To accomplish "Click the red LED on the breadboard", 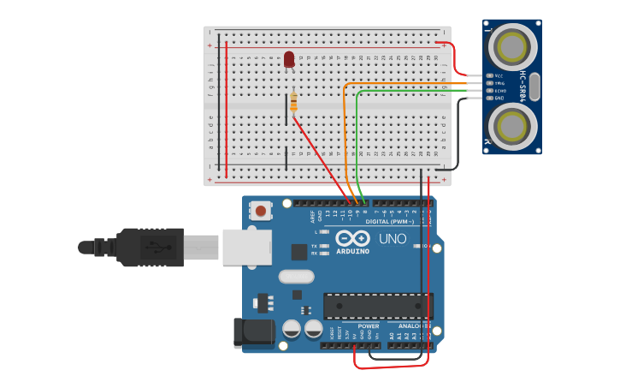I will click(x=289, y=58).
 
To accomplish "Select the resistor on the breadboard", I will click(x=293, y=102).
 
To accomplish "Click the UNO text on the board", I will click(x=393, y=239).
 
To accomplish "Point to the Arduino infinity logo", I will click(x=352, y=238).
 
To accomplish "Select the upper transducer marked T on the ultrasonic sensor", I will click(x=513, y=45).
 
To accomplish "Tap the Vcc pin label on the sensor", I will click(x=499, y=75).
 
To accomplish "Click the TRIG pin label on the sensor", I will click(x=499, y=83).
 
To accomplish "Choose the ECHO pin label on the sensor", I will click(x=499, y=90).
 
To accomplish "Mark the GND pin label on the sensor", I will click(x=499, y=98).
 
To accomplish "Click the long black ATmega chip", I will click(x=378, y=306).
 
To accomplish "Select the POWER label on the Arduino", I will click(x=368, y=326).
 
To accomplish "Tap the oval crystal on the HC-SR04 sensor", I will click(x=534, y=86).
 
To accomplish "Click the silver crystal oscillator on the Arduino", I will click(x=296, y=277).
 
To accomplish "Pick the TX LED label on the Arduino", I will click(x=314, y=246).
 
